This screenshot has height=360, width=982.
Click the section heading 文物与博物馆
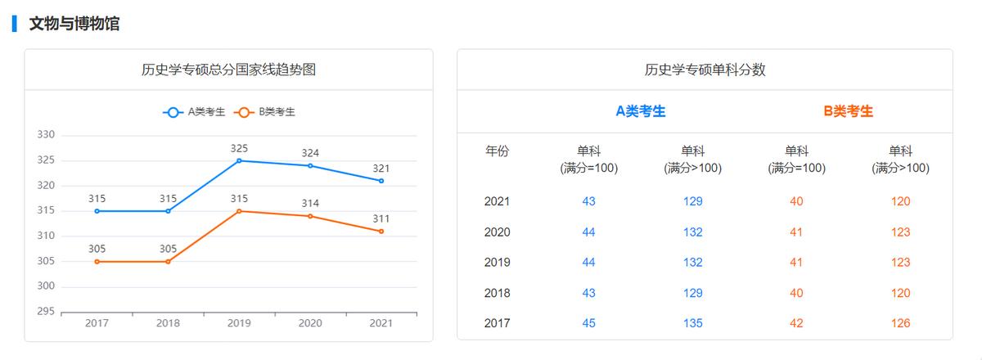(74, 24)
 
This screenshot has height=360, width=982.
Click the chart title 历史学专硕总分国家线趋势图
(228, 70)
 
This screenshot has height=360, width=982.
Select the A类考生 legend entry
(195, 113)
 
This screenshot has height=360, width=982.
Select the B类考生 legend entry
(265, 113)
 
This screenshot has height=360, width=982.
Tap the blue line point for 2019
(239, 160)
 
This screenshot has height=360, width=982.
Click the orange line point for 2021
(381, 232)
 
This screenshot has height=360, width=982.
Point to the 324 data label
(310, 153)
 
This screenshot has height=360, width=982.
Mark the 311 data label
(381, 218)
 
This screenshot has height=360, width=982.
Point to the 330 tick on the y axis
(46, 135)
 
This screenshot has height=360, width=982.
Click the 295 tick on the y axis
(46, 312)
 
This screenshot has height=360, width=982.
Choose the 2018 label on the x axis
(168, 323)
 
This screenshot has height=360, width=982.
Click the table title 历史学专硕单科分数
(705, 70)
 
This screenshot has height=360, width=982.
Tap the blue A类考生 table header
(641, 111)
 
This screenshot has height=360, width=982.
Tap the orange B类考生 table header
(849, 111)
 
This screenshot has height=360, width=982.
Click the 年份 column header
(497, 151)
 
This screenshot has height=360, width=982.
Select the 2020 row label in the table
(497, 232)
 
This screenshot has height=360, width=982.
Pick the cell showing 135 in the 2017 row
(693, 323)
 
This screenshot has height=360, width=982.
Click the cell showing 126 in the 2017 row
(901, 323)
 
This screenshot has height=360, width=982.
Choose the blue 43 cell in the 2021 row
(589, 201)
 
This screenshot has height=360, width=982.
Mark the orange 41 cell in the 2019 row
(797, 263)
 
